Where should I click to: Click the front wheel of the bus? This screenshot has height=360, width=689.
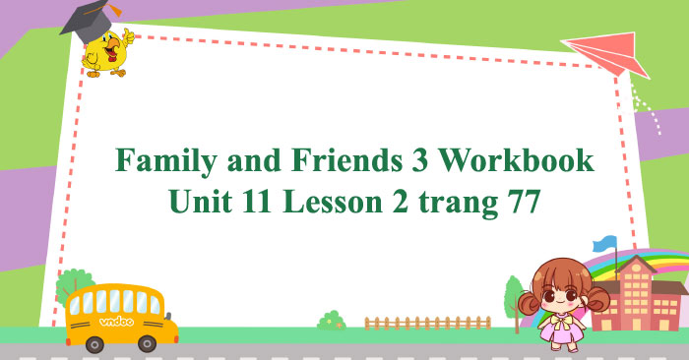click(147, 343)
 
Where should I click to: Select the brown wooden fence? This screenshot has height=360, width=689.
click(426, 322)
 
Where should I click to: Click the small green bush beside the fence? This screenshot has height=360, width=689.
click(332, 320)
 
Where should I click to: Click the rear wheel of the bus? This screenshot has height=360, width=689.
click(94, 343)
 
